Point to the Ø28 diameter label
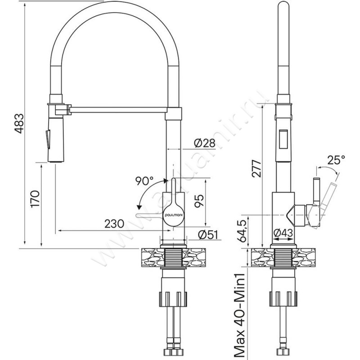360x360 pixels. pos(205,143)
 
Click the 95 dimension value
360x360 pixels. pos(198,201)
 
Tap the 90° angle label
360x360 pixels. pos(144,181)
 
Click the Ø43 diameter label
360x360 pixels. pos(283,233)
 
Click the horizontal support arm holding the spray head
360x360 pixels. pos(119,108)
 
